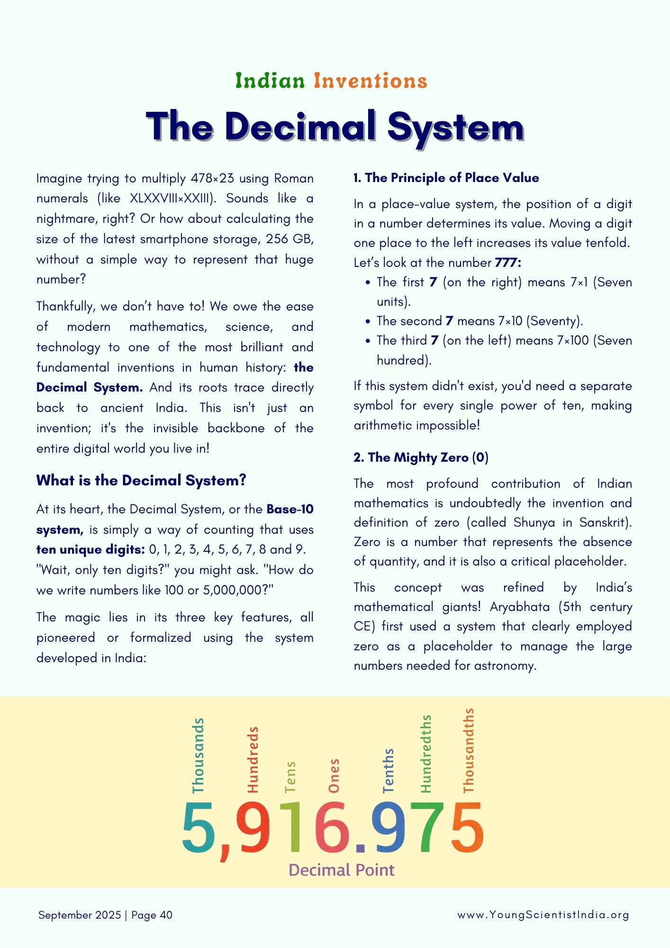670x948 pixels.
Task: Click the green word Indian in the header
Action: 270,81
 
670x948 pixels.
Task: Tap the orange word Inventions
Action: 370,81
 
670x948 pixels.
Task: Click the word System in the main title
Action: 455,127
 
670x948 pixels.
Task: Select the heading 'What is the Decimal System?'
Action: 141,481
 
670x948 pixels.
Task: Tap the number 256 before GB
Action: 277,239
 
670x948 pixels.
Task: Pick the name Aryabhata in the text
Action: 520,607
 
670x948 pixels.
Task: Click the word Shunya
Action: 534,522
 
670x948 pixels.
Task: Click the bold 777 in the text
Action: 507,263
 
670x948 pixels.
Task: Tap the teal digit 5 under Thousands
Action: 198,827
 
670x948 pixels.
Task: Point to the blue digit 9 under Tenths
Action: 389,827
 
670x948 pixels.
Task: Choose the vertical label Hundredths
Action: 426,754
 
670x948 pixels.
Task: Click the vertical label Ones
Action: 334,775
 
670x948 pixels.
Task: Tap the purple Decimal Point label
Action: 341,870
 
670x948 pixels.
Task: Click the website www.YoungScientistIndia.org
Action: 543,915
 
